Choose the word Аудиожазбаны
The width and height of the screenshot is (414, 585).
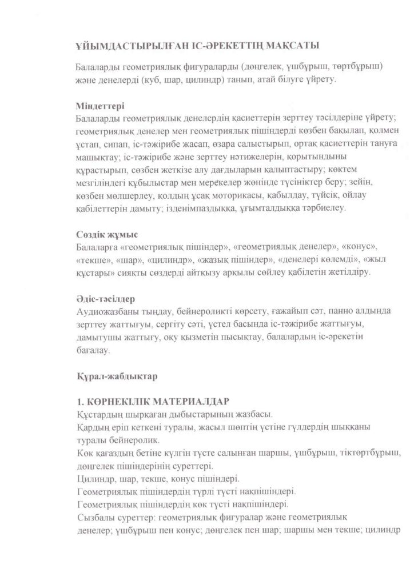(x=107, y=312)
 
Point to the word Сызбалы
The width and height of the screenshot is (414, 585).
(x=94, y=516)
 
